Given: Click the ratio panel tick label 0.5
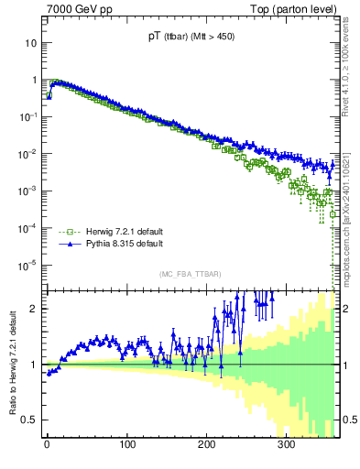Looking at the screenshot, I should coord(31,420).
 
